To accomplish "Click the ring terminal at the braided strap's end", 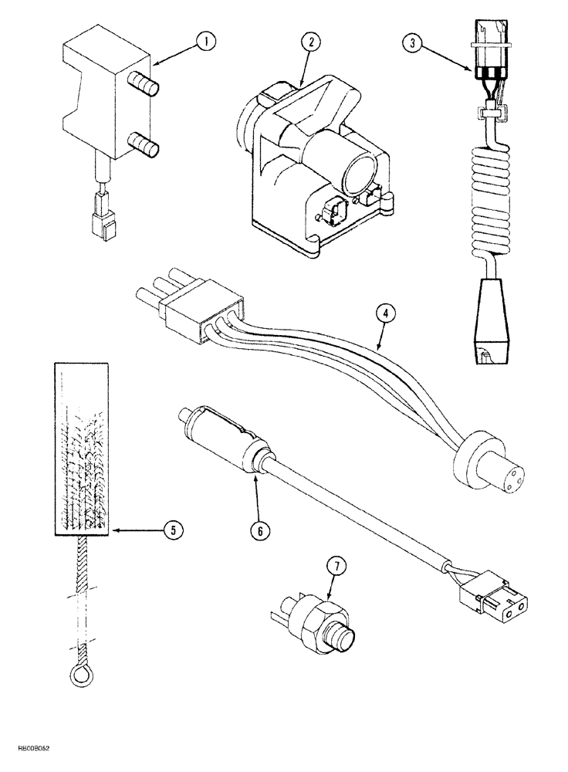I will tap(79, 675).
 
